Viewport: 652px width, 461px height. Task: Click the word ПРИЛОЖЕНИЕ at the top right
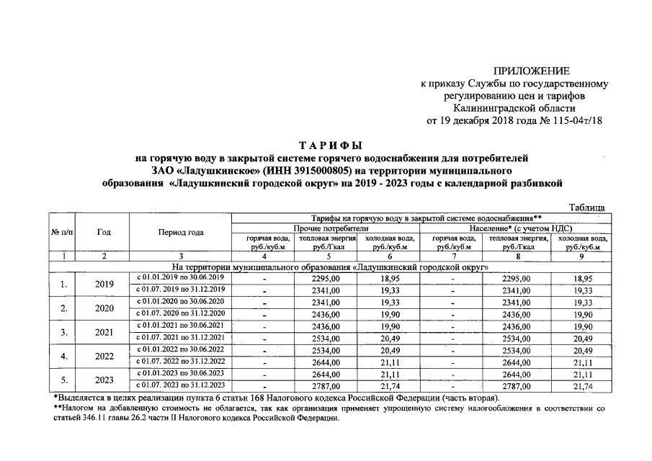pos(532,70)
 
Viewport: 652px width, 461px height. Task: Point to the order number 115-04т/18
pos(573,120)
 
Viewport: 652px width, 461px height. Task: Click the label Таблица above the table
pos(587,207)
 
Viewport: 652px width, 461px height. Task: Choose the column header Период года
pos(181,232)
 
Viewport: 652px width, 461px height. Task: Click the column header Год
pos(104,232)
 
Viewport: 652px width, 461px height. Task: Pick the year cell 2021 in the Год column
pos(104,332)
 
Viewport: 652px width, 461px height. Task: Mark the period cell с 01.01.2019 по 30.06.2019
pos(181,277)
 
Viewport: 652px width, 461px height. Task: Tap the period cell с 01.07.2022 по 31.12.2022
pos(181,362)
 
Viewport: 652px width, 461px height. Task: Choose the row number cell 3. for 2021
pos(64,332)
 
